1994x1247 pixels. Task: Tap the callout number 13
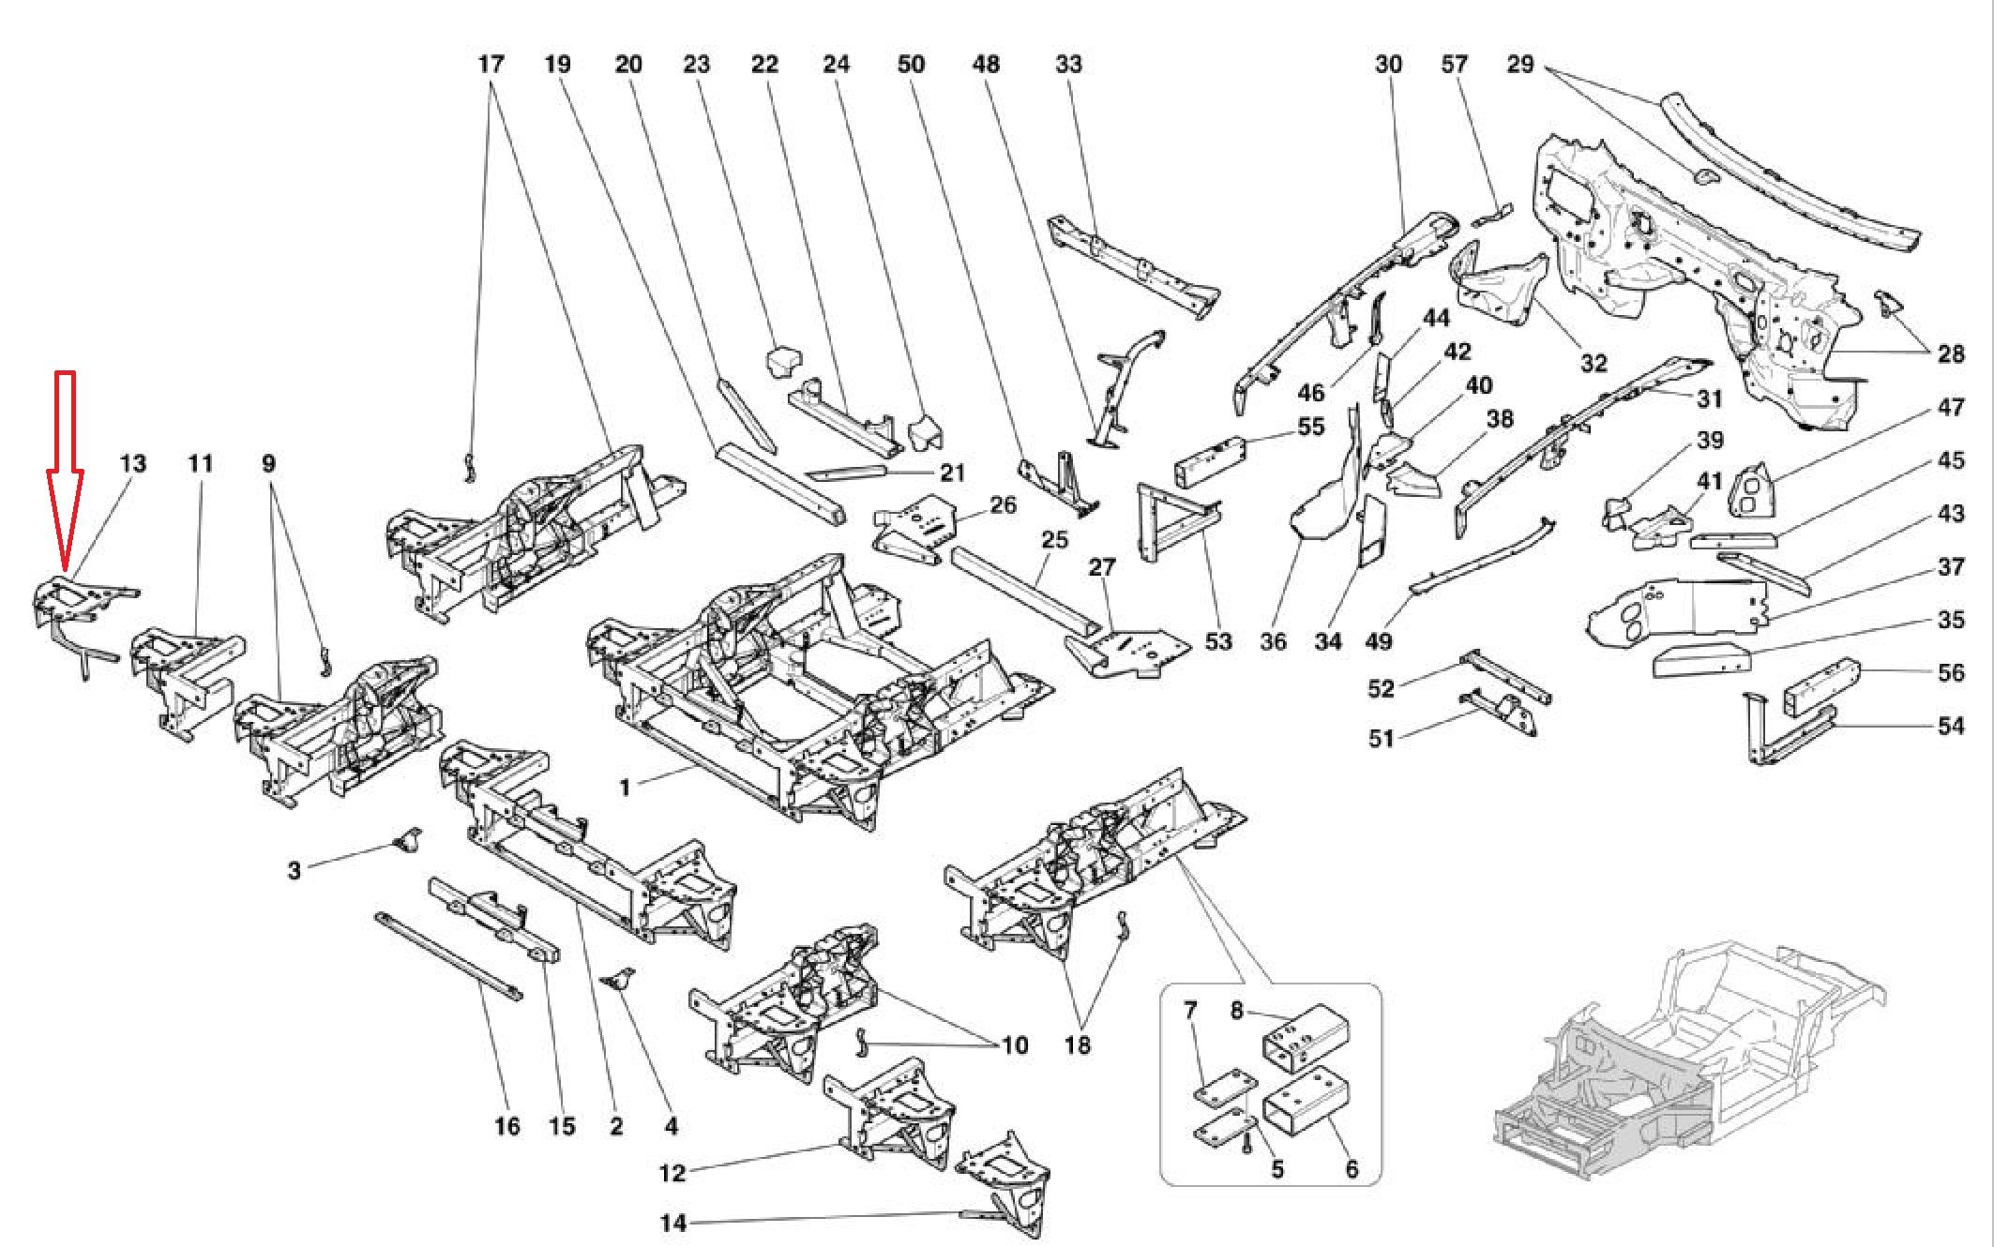pos(133,463)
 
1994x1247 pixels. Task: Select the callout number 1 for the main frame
pos(626,788)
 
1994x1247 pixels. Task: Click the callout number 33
pos(1068,65)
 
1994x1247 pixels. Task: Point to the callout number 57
pos(1454,65)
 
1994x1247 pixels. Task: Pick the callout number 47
pos(1951,408)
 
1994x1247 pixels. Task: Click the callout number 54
pos(1951,726)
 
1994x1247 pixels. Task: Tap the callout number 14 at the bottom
pos(673,1224)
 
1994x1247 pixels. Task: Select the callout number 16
pos(506,1126)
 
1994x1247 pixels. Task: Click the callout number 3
pos(295,871)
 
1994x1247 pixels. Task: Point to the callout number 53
pos(1217,642)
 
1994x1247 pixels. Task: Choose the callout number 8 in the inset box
pos(1237,1011)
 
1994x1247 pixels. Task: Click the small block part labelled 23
pos(782,360)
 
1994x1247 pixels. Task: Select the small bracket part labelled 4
pos(618,981)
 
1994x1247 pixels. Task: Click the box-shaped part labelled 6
pos(1307,1102)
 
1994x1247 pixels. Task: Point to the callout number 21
pos(953,473)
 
